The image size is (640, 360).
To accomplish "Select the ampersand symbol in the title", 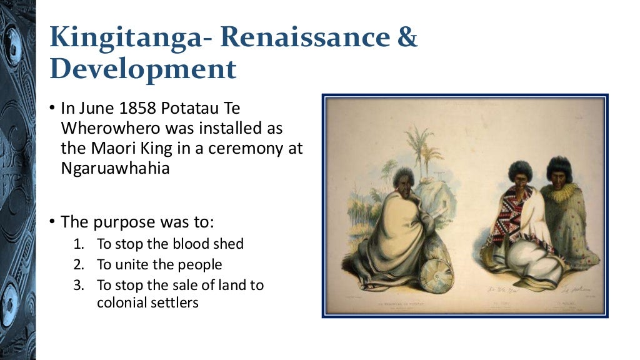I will click(408, 39).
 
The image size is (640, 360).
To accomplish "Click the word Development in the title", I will click(143, 70).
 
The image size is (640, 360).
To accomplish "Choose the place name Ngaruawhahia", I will click(115, 169).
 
